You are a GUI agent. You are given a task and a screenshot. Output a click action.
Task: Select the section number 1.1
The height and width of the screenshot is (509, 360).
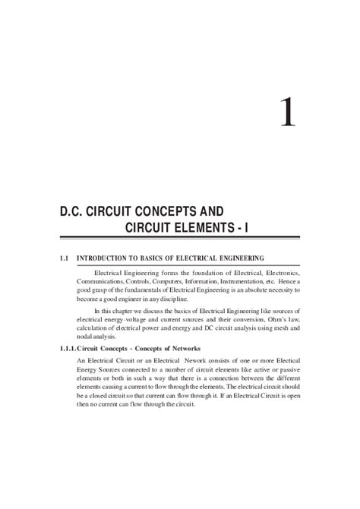[x=65, y=258]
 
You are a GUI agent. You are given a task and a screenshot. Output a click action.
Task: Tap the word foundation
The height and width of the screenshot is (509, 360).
[x=199, y=272]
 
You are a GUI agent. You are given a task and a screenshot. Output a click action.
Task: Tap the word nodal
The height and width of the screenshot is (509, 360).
[x=86, y=340]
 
